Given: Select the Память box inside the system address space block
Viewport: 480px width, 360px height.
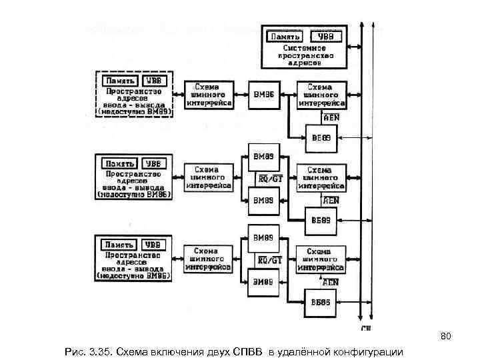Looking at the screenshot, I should pyautogui.click(x=285, y=37).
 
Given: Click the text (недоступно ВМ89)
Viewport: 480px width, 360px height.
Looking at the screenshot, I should pyautogui.click(x=135, y=112).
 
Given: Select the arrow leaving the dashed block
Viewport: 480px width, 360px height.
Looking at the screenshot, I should pyautogui.click(x=177, y=95).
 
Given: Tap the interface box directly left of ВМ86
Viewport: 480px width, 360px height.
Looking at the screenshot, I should pyautogui.click(x=209, y=95).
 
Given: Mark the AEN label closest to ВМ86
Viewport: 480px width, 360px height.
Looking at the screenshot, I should pyautogui.click(x=331, y=117).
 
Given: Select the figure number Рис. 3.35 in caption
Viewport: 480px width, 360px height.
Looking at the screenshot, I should pyautogui.click(x=86, y=351).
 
